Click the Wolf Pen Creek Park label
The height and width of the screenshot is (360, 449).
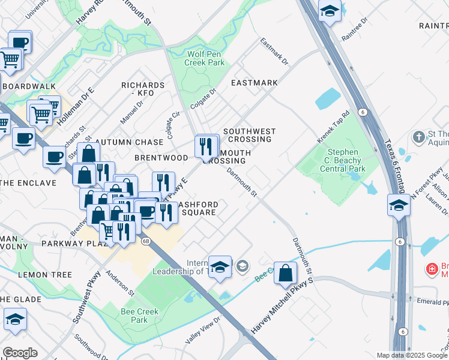pyautogui.click(x=203, y=58)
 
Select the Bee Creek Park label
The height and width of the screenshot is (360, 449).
pyautogui.click(x=140, y=316)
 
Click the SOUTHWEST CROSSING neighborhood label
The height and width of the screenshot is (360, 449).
pyautogui.click(x=249, y=135)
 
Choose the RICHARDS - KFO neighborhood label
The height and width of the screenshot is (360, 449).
pyautogui.click(x=143, y=89)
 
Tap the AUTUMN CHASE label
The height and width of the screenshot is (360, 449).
pyautogui.click(x=133, y=142)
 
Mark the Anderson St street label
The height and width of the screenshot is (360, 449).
pyautogui.click(x=120, y=283)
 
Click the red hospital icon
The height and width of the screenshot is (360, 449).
pyautogui.click(x=431, y=269)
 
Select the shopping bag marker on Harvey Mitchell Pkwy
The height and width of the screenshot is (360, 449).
pyautogui.click(x=286, y=272)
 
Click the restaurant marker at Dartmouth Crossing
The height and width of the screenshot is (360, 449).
pyautogui.click(x=206, y=145)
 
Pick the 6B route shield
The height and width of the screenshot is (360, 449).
pyautogui.click(x=146, y=241)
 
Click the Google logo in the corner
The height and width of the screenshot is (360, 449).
pyautogui.click(x=20, y=352)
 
